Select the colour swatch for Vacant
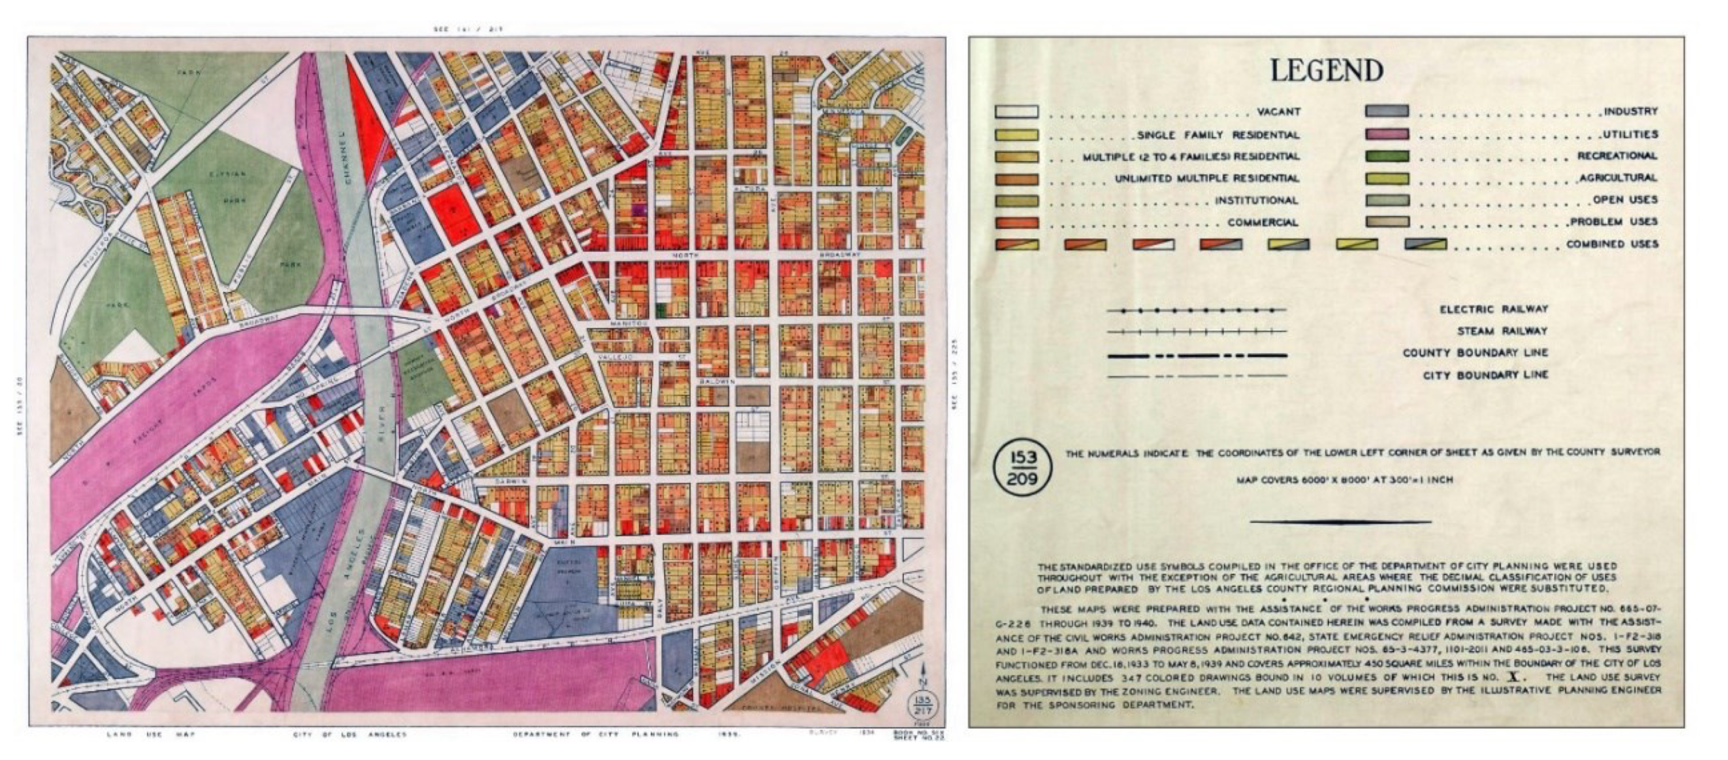1016,112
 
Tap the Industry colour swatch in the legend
1386,111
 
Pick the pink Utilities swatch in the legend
1386,134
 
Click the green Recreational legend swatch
1386,156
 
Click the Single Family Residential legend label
1218,135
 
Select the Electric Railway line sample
1197,311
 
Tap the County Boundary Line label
1475,353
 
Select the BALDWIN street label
717,381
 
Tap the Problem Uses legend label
1613,222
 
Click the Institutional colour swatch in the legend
1016,201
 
